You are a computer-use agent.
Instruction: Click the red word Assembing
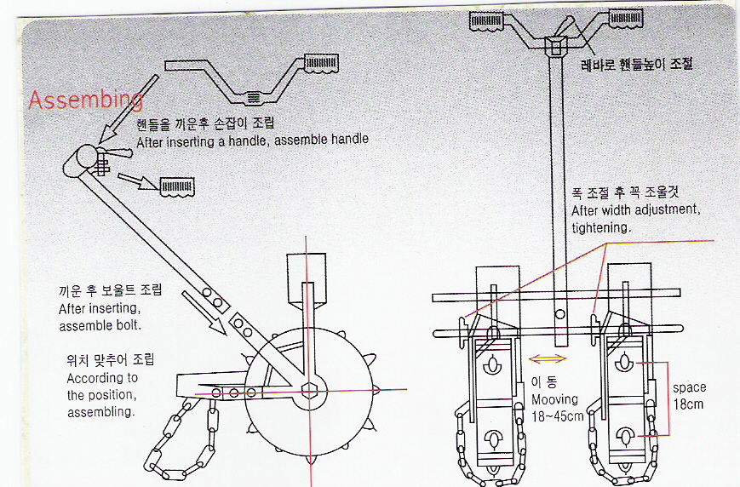pyautogui.click(x=85, y=100)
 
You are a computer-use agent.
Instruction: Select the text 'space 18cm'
pyautogui.click(x=689, y=396)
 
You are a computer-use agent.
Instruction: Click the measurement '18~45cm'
pyautogui.click(x=558, y=416)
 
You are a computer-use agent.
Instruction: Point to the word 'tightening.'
pyautogui.click(x=600, y=227)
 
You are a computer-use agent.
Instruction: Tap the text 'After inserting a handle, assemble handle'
pyautogui.click(x=252, y=140)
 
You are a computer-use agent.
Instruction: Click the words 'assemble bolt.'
pyautogui.click(x=99, y=326)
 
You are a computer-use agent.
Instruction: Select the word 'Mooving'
pyautogui.click(x=554, y=399)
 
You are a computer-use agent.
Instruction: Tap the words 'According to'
pyautogui.click(x=102, y=378)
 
